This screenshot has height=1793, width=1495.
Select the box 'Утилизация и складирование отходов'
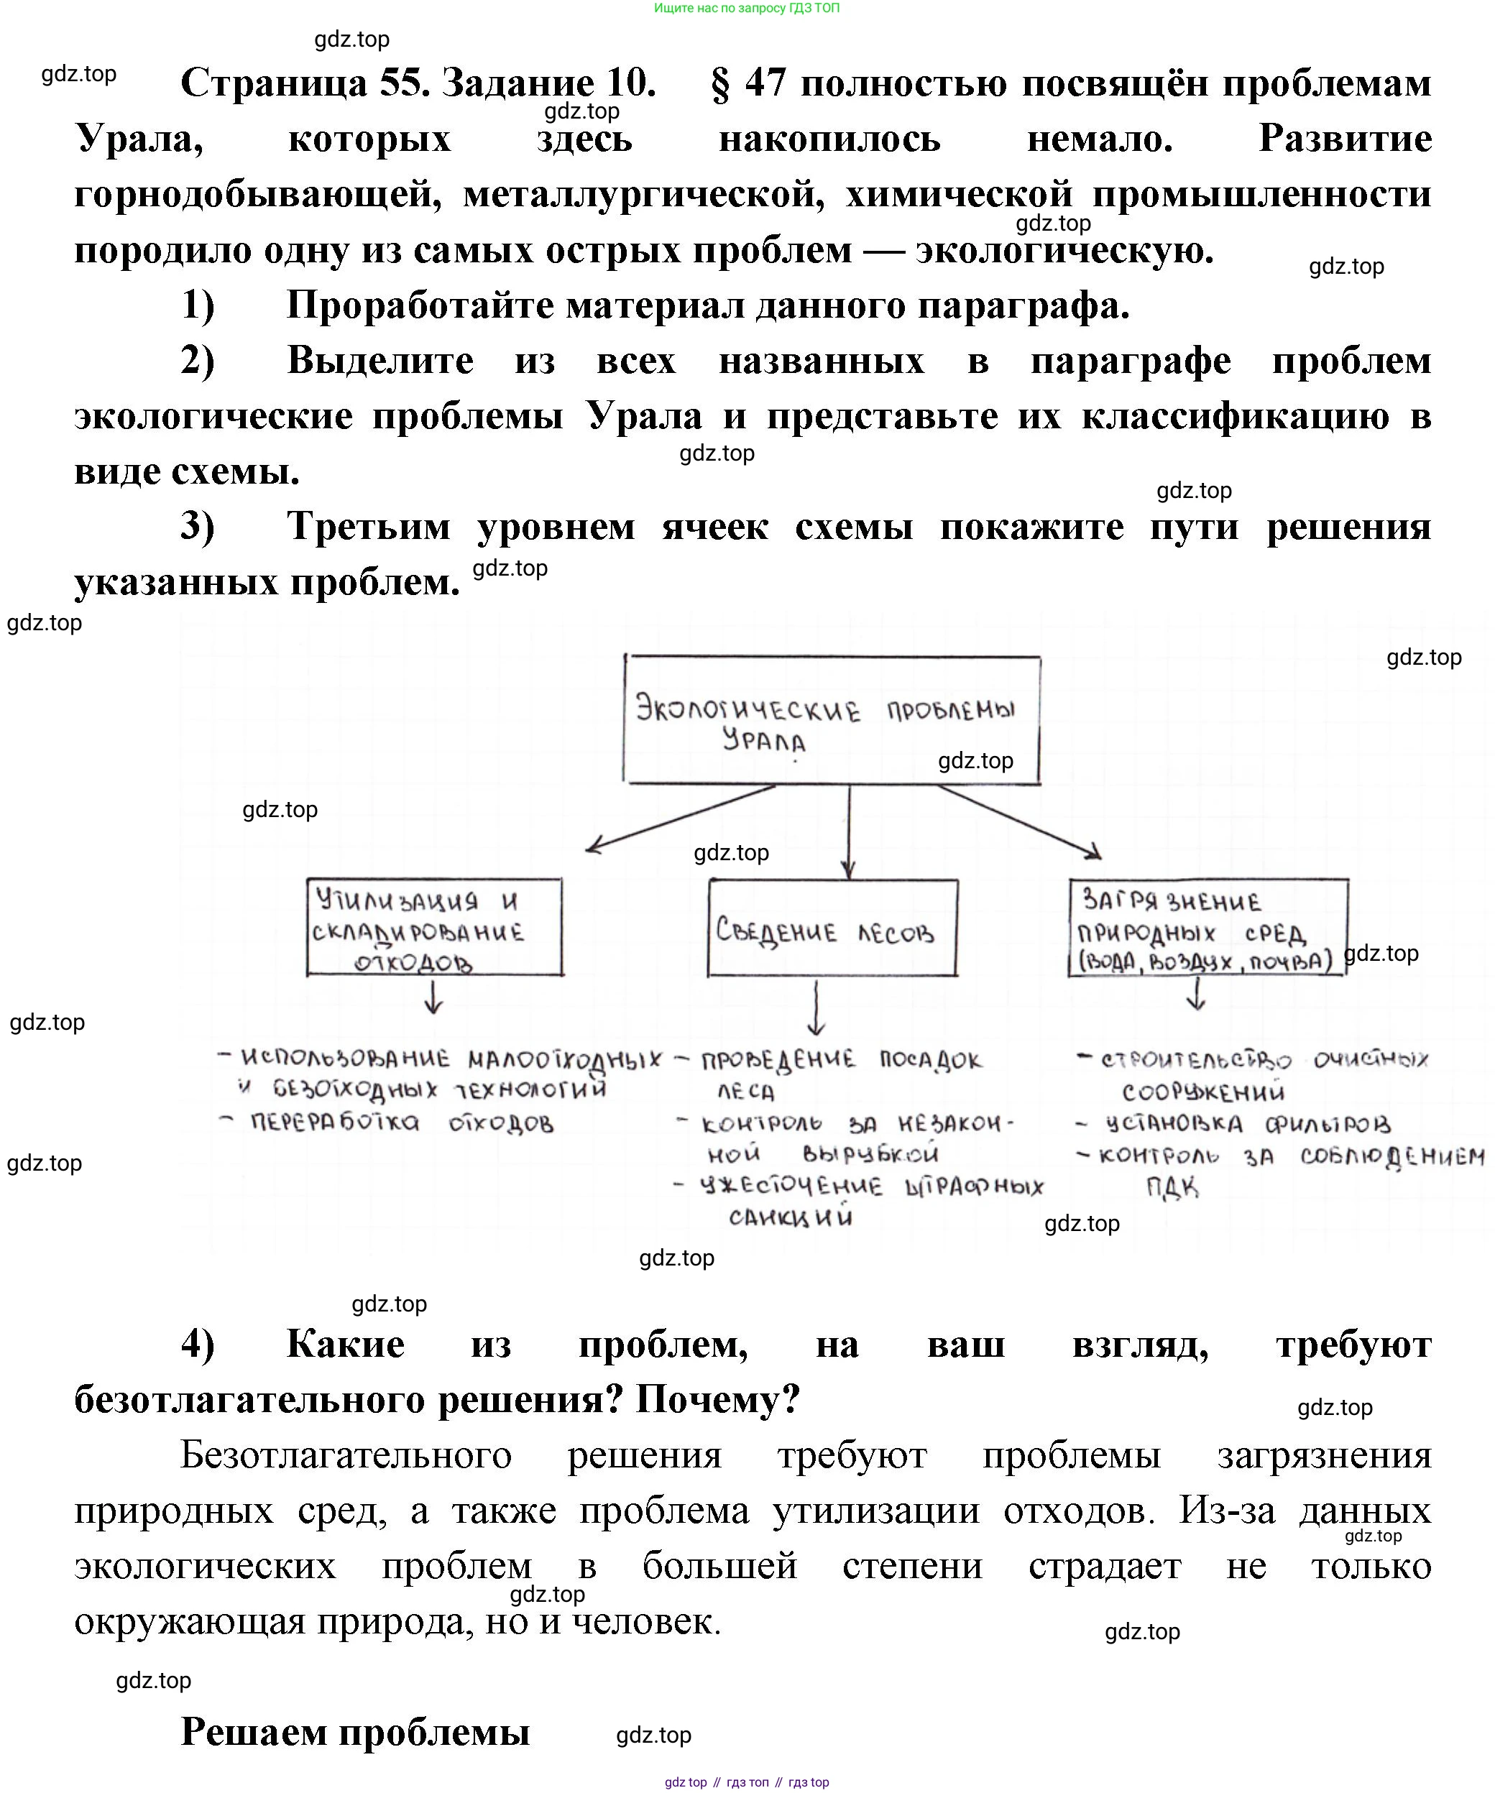coord(435,927)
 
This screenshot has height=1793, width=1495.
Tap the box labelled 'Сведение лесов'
coord(832,928)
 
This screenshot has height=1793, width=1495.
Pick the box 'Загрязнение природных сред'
coord(1207,927)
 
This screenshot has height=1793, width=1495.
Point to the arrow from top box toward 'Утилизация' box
coord(681,817)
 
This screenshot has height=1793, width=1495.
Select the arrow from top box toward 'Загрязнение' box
coord(1021,821)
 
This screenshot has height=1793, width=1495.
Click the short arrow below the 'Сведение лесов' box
coord(816,1008)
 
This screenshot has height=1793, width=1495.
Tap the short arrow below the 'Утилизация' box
coord(433,997)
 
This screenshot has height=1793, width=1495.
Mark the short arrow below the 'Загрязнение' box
coord(1196,995)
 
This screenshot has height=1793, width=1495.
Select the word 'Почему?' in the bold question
coord(717,1399)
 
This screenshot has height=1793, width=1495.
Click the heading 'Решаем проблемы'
coord(355,1730)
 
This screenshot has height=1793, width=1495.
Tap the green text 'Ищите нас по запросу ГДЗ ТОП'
coord(746,8)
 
